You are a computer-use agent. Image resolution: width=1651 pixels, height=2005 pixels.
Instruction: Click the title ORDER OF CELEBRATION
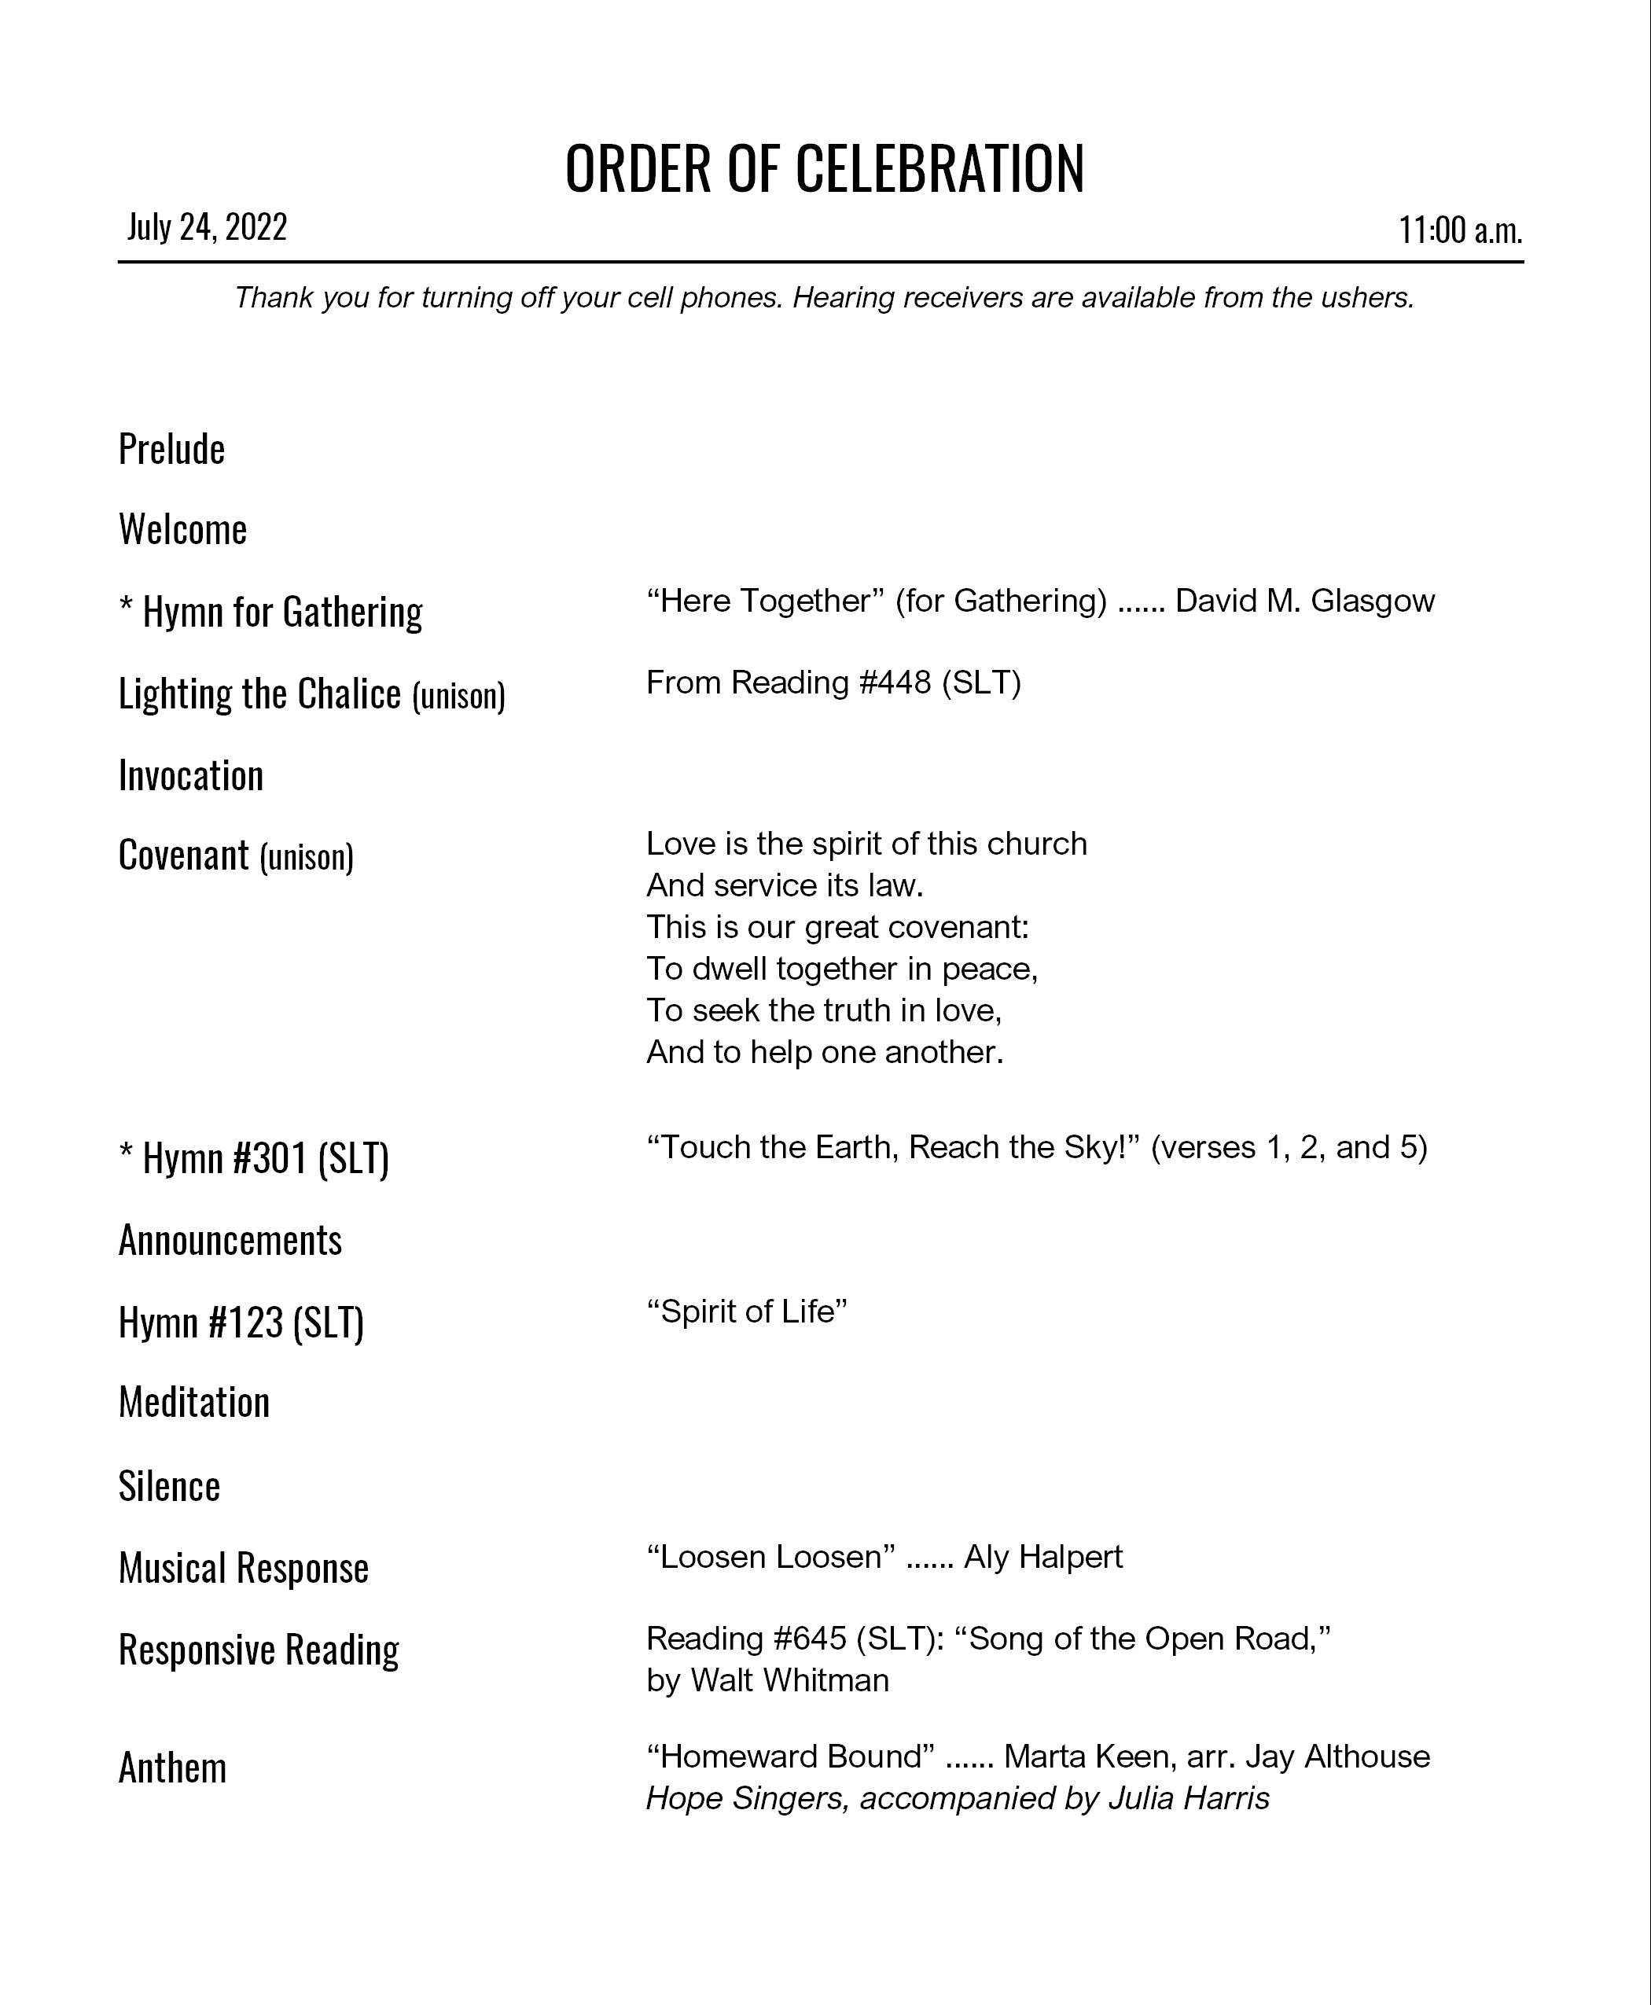tap(825, 169)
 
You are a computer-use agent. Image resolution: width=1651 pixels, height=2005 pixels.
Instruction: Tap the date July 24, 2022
tap(208, 227)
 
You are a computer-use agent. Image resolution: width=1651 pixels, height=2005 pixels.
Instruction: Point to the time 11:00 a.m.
tap(1460, 230)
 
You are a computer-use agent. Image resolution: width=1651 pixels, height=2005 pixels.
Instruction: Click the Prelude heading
tap(172, 449)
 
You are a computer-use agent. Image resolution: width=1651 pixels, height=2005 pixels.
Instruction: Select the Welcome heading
tap(182, 530)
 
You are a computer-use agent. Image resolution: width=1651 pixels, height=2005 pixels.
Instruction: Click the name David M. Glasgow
tap(1305, 601)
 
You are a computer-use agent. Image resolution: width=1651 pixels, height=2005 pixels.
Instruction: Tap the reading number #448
tap(895, 683)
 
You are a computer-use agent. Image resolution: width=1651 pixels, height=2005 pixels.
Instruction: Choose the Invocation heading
tap(191, 776)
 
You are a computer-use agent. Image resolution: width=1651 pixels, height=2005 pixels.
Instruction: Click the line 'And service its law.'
tap(785, 885)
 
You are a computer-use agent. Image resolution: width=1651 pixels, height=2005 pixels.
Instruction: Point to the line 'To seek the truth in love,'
tap(824, 1010)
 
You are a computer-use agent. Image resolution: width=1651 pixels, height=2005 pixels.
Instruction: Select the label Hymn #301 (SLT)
tap(255, 1158)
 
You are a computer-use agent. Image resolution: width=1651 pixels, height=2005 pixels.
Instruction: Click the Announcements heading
tap(230, 1240)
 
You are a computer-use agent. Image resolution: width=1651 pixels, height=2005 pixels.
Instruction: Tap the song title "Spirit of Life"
tap(747, 1312)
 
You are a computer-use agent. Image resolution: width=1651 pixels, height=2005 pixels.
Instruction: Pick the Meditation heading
tap(194, 1403)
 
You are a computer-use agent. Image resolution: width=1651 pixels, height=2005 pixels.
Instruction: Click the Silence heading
tap(169, 1487)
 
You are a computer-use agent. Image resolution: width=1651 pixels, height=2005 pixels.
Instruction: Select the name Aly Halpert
tap(1043, 1557)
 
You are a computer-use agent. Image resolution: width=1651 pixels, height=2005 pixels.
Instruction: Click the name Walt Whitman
tap(789, 1681)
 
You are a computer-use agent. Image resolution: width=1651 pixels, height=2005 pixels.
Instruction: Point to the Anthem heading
tap(172, 1768)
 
